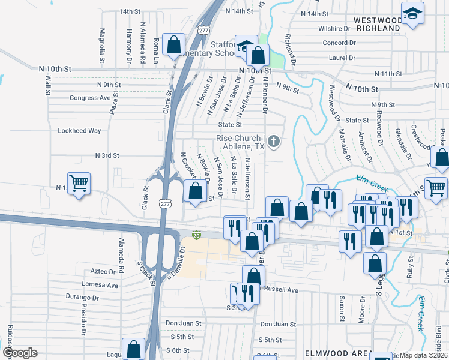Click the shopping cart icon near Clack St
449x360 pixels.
(x=79, y=183)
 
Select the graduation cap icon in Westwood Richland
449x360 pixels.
(x=412, y=14)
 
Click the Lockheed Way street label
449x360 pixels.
(x=79, y=130)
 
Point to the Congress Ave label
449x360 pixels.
(x=91, y=98)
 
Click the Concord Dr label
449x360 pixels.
(x=340, y=43)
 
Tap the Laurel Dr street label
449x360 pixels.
(x=342, y=58)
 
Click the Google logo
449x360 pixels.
(x=19, y=353)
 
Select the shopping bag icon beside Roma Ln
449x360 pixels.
(x=173, y=44)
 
